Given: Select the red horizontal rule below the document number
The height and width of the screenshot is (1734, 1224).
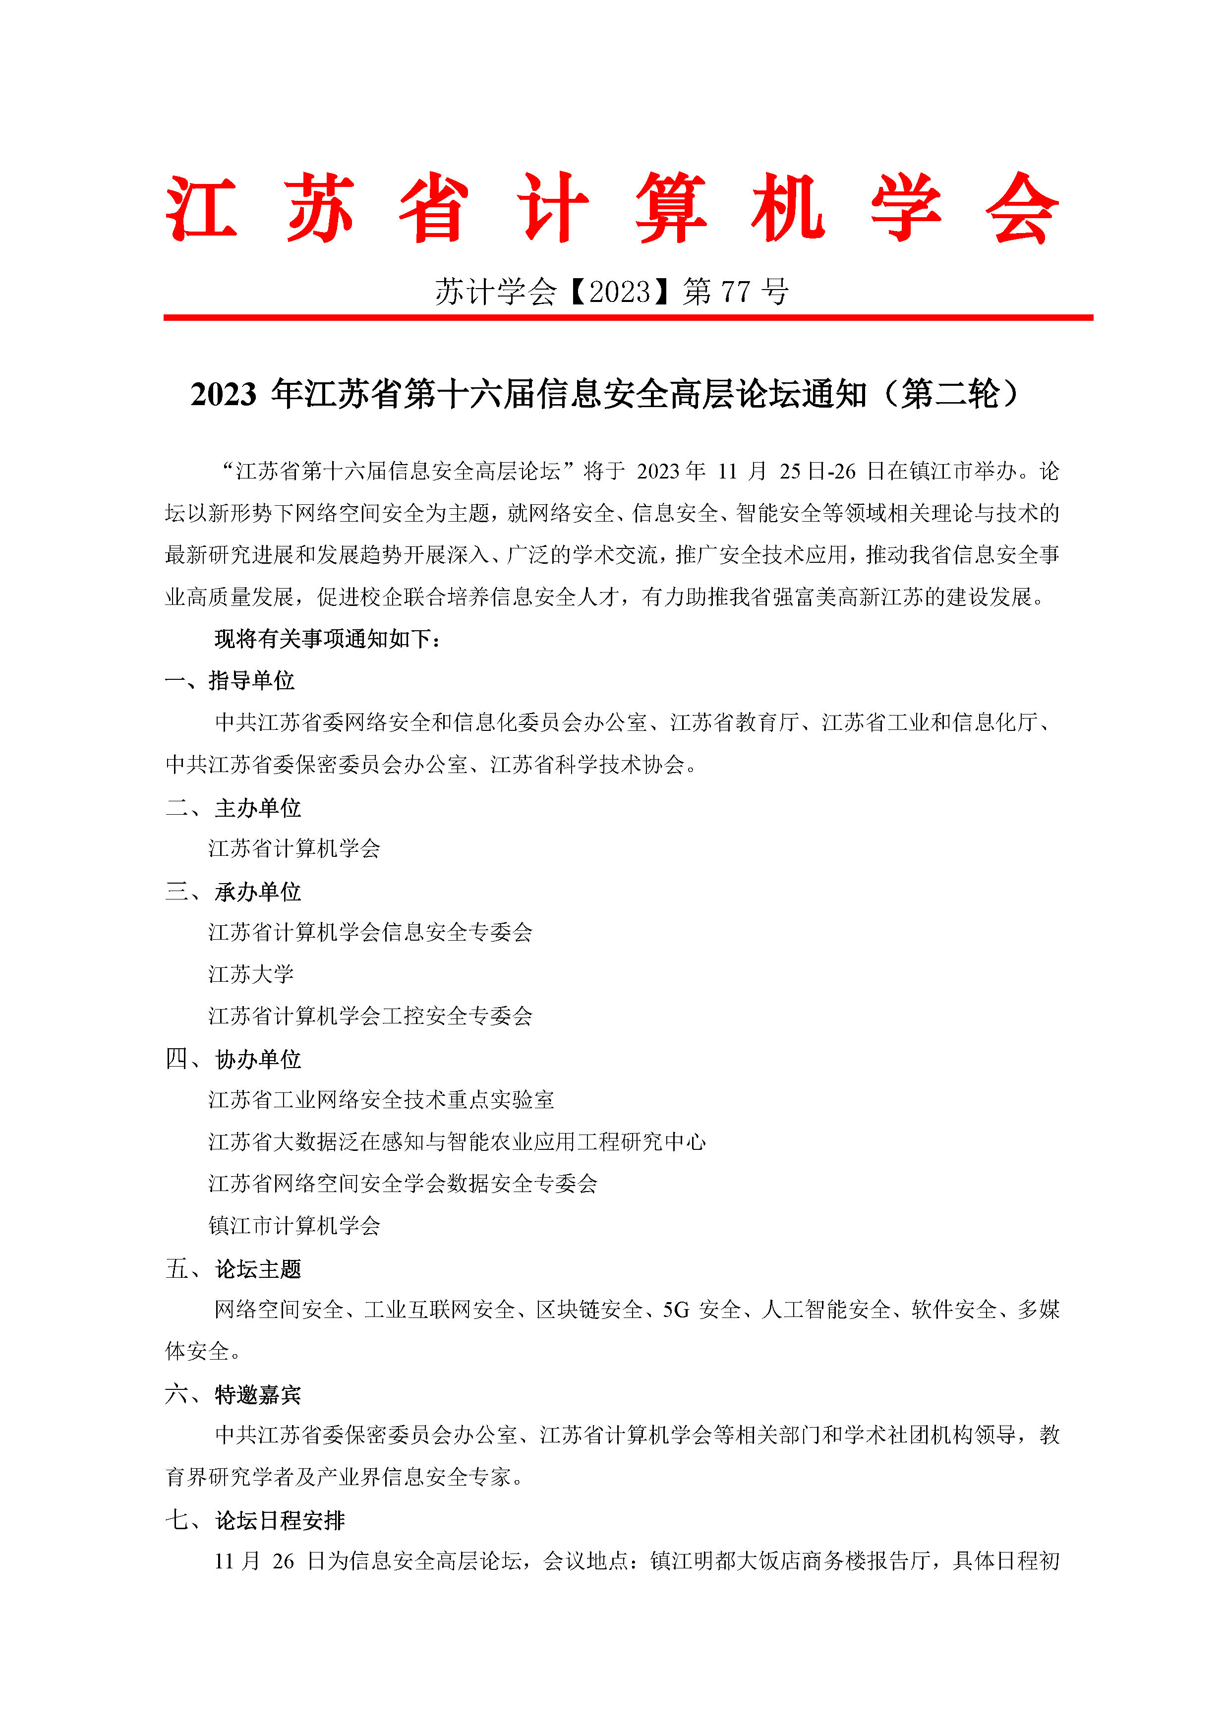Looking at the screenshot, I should [x=628, y=317].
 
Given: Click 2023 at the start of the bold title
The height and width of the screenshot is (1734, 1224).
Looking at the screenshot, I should [x=224, y=394].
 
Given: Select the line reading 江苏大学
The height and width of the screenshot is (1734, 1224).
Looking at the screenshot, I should [x=251, y=974].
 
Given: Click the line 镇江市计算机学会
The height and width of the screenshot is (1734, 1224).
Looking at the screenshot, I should [x=294, y=1226].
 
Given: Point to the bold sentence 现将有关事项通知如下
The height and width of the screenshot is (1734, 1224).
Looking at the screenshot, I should [x=326, y=639].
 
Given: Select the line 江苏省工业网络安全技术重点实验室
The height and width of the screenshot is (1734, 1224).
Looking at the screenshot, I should [x=381, y=1100].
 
